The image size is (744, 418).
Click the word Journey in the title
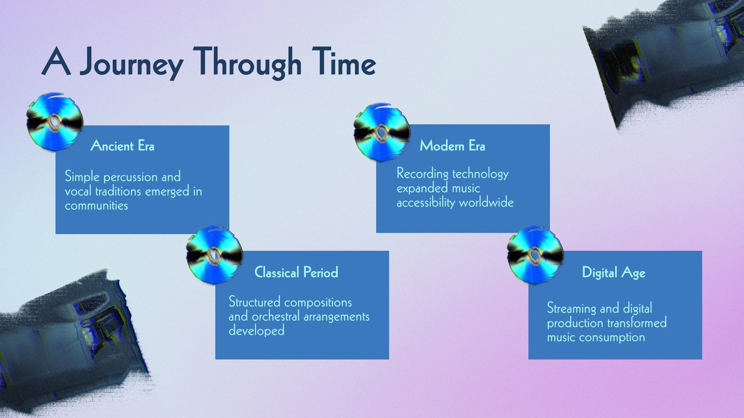[x=132, y=64]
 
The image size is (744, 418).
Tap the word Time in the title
[x=344, y=61]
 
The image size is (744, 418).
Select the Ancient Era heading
[x=122, y=146]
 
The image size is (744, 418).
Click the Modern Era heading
[x=452, y=146]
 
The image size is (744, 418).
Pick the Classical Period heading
[x=296, y=272]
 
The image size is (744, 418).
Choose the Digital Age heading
[x=613, y=273]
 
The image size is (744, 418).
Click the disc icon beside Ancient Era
[x=54, y=122]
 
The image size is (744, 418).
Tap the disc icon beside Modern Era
[x=382, y=132]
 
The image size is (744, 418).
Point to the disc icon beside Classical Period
[x=214, y=255]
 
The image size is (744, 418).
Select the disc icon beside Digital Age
[x=535, y=255]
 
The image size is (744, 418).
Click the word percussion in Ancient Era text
[x=131, y=177]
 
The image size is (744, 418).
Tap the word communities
[x=96, y=206]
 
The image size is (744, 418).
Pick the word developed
[x=256, y=331]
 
